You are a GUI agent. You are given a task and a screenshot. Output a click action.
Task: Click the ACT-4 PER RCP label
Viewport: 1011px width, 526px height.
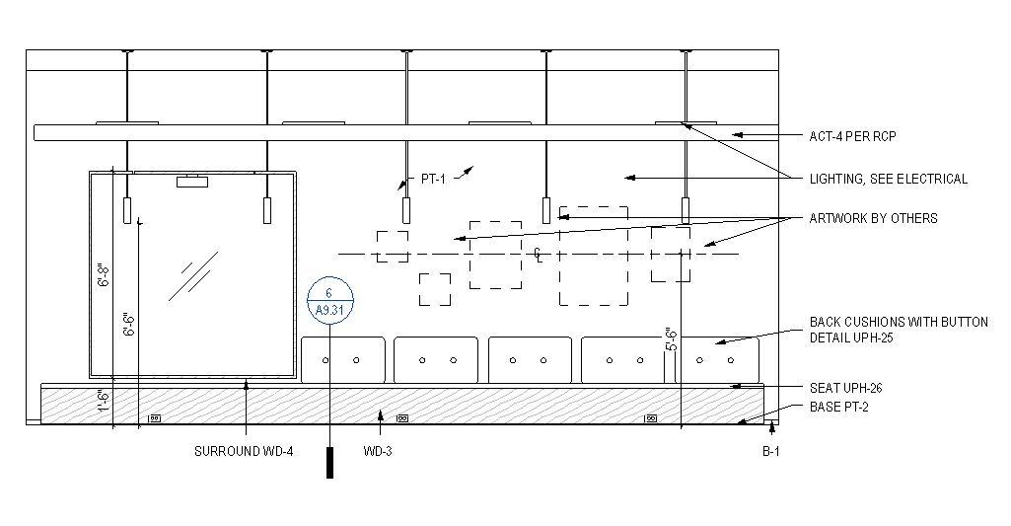tap(852, 136)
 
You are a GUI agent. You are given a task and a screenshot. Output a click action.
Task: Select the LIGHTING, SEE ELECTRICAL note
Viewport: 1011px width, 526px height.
tap(888, 179)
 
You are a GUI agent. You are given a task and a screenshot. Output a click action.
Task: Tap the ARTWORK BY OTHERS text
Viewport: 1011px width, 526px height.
tap(873, 218)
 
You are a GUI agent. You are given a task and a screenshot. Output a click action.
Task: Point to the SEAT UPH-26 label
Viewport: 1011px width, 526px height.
tap(845, 387)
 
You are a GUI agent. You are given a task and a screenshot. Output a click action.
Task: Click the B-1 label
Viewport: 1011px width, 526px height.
tap(771, 452)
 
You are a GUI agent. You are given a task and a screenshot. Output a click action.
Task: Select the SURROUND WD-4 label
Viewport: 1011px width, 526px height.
tap(244, 452)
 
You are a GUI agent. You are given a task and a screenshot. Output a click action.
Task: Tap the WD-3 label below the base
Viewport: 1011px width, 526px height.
tap(380, 452)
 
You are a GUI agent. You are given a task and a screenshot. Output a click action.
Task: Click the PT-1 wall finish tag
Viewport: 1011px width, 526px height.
tap(434, 179)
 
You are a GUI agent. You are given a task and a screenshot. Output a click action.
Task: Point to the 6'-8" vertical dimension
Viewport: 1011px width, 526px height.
tap(102, 274)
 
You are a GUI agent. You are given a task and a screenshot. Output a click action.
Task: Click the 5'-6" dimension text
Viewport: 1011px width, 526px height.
tap(670, 340)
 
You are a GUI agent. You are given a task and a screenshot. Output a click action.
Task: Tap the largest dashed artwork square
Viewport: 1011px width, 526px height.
tap(594, 256)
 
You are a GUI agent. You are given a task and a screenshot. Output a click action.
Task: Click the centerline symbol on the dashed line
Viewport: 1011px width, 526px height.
tap(538, 254)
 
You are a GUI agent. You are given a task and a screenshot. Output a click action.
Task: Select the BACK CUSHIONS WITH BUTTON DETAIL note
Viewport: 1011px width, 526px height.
tap(898, 330)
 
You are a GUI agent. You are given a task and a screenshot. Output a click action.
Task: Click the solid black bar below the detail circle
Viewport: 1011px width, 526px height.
tap(329, 462)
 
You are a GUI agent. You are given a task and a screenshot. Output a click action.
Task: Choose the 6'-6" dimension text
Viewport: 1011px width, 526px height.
tap(127, 326)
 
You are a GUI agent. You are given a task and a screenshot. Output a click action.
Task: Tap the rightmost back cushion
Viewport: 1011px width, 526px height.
tap(720, 360)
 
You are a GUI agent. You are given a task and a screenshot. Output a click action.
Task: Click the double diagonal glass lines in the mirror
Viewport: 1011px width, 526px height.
tap(193, 275)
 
